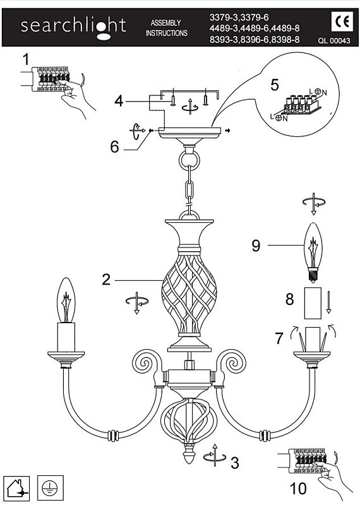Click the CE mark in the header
pyautogui.click(x=342, y=22)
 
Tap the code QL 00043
pyautogui.click(x=334, y=41)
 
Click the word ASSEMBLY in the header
pyautogui.click(x=165, y=23)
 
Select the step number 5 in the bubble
pyautogui.click(x=275, y=85)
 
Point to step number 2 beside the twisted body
pyautogui.click(x=106, y=280)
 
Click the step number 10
pyautogui.click(x=298, y=488)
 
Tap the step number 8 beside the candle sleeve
pyautogui.click(x=290, y=299)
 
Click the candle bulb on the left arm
pyautogui.click(x=66, y=300)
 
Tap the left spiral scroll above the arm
pyautogui.click(x=146, y=362)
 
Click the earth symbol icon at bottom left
pyautogui.click(x=51, y=488)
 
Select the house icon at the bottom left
pyautogui.click(x=16, y=488)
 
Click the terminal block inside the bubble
pyautogui.click(x=301, y=105)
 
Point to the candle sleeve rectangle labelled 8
pyautogui.click(x=313, y=304)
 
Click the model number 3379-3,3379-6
pyautogui.click(x=239, y=18)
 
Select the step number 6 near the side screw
pyautogui.click(x=114, y=147)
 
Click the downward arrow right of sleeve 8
pyautogui.click(x=328, y=302)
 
